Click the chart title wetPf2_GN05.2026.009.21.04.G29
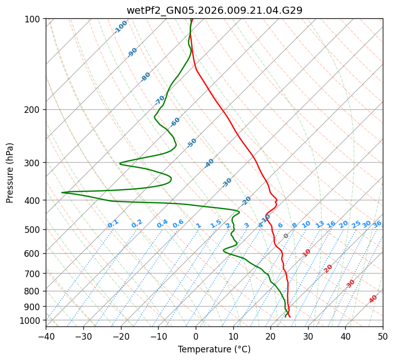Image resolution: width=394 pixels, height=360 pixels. pos(214,10)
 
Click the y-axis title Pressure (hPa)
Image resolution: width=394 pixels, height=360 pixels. pos(10,173)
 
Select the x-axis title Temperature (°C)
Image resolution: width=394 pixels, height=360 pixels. pos(214,349)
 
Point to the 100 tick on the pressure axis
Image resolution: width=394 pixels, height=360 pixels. pos(34,19)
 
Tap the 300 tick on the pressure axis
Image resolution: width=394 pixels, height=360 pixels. pos(34,163)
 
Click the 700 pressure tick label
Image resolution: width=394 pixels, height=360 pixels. pos(34,274)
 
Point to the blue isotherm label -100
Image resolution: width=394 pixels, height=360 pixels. pos(121,27)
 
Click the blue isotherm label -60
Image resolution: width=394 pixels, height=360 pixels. pos(175,122)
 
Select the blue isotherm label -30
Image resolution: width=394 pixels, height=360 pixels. pos(227,183)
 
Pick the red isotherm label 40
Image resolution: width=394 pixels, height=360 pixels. pos(373,299)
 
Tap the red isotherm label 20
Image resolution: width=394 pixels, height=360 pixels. pos(328,268)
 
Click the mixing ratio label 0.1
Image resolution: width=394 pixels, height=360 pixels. pos(113,224)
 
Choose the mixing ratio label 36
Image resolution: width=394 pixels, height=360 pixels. pos(377,224)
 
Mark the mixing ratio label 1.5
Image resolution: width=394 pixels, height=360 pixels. pos(216,224)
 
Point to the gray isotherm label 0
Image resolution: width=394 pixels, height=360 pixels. pos(286,236)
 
